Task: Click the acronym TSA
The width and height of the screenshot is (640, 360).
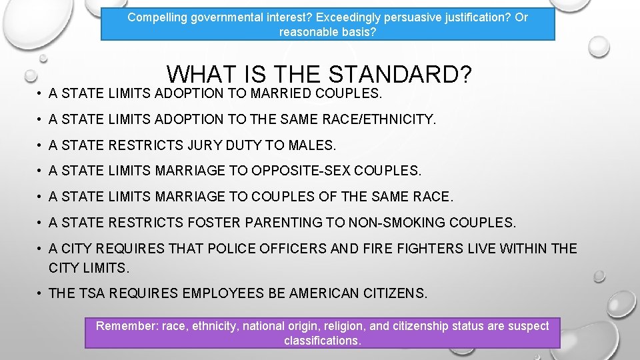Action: point(93,293)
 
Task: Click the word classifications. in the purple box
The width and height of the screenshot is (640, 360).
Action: point(323,341)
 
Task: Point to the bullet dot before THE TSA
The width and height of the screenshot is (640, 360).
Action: point(40,293)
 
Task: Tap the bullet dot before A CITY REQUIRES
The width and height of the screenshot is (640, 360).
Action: point(40,249)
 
